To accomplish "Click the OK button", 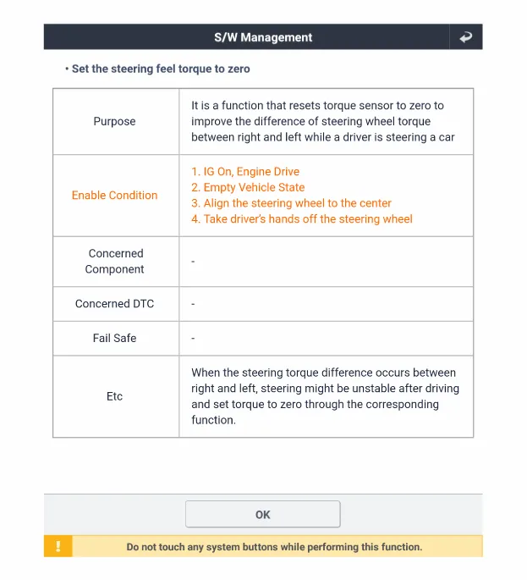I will pos(262,514).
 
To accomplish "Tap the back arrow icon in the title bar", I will pos(465,37).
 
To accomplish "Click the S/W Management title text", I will pos(263,37).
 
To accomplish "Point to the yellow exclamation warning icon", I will pos(58,546).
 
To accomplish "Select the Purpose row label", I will pos(114,121).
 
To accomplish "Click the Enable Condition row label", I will pos(114,195).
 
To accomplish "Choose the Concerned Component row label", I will pos(115,261).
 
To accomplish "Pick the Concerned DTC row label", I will pos(114,303).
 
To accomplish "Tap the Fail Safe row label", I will pos(114,338).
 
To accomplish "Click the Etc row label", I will pos(114,395).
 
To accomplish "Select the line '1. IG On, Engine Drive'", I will pos(245,171).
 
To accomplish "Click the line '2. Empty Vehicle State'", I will pos(248,187).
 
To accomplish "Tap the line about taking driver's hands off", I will pos(302,218).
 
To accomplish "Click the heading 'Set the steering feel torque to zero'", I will pos(161,69).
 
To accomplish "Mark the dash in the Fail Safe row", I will pos(193,338).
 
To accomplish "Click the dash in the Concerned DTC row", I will pos(193,303).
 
